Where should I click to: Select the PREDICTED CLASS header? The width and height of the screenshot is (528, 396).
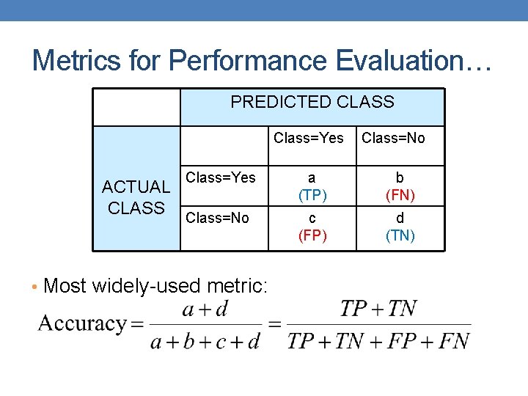tap(312, 103)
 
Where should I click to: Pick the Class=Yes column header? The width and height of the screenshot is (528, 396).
tap(309, 138)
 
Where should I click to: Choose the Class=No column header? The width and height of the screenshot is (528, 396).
tap(394, 138)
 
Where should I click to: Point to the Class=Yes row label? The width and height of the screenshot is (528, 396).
tap(221, 177)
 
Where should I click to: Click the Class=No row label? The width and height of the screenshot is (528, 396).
tap(218, 218)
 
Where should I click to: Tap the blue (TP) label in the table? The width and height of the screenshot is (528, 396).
tap(312, 196)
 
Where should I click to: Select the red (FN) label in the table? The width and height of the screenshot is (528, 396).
tap(400, 196)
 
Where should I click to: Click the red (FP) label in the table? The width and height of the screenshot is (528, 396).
tap(312, 235)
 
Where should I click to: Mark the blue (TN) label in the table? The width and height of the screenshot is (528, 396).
tap(400, 235)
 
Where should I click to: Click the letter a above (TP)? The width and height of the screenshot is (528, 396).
tap(312, 178)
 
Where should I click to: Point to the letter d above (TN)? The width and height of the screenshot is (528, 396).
tap(400, 219)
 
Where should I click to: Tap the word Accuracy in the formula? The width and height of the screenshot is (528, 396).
tap(82, 323)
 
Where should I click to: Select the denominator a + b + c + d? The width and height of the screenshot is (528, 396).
tap(205, 341)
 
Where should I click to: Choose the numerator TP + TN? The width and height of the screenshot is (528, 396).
tap(378, 309)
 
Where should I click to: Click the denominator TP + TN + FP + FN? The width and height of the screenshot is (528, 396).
tap(378, 341)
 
